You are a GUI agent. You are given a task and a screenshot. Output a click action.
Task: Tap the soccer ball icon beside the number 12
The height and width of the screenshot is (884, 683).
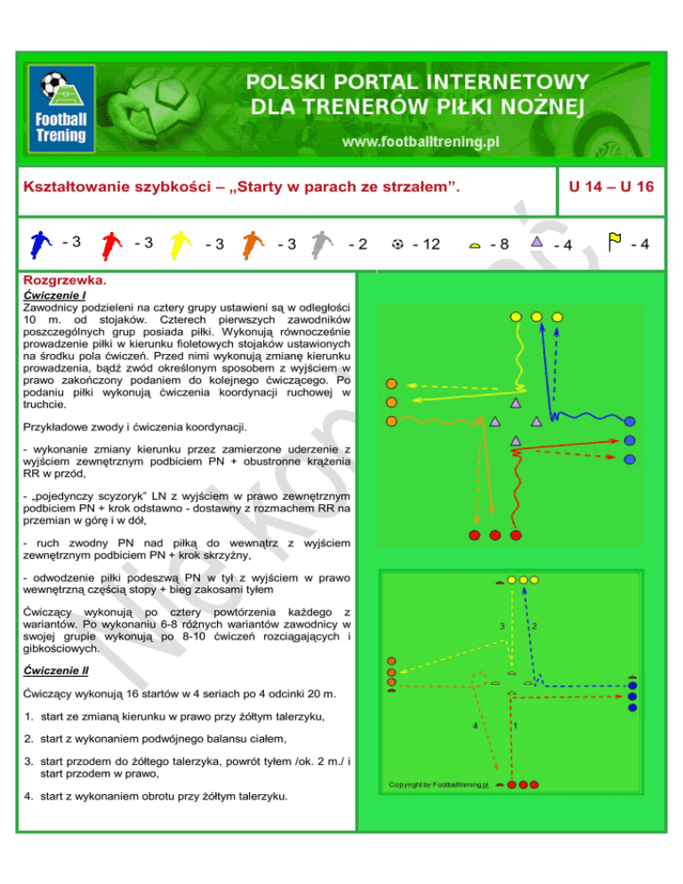(397, 242)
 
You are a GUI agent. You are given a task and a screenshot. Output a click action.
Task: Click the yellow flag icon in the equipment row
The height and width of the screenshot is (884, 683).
(614, 240)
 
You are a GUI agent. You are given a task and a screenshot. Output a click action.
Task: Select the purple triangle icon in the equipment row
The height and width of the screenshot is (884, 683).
(536, 241)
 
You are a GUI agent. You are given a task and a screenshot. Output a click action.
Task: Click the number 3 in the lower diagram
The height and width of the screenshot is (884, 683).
(502, 627)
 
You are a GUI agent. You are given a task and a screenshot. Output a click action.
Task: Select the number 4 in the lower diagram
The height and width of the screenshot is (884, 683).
(475, 726)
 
